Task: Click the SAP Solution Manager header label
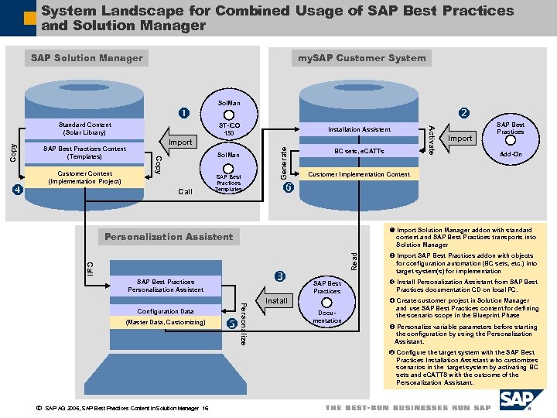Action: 87,57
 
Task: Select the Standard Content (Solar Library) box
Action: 84,128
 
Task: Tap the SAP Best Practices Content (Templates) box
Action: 84,152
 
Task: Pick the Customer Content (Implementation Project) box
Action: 84,178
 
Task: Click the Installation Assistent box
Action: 359,129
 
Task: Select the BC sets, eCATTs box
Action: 359,152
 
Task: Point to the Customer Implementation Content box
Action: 359,174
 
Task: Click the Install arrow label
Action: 276,300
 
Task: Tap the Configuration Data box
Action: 166,311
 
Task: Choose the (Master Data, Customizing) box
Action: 166,323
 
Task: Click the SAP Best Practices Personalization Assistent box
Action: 166,286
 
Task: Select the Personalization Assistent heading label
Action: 169,236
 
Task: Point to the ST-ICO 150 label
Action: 229,128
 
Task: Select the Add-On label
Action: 512,154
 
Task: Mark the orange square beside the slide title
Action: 29,16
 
